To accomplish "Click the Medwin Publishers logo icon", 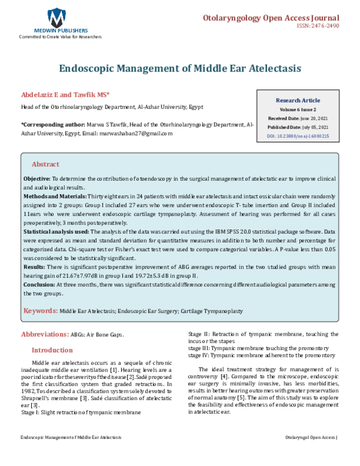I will coord(57,16).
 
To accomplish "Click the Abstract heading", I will coord(45,164).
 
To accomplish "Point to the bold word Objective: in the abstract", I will coord(37,180).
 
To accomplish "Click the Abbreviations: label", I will coord(44,334).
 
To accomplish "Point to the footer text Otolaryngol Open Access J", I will coord(311,455).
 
